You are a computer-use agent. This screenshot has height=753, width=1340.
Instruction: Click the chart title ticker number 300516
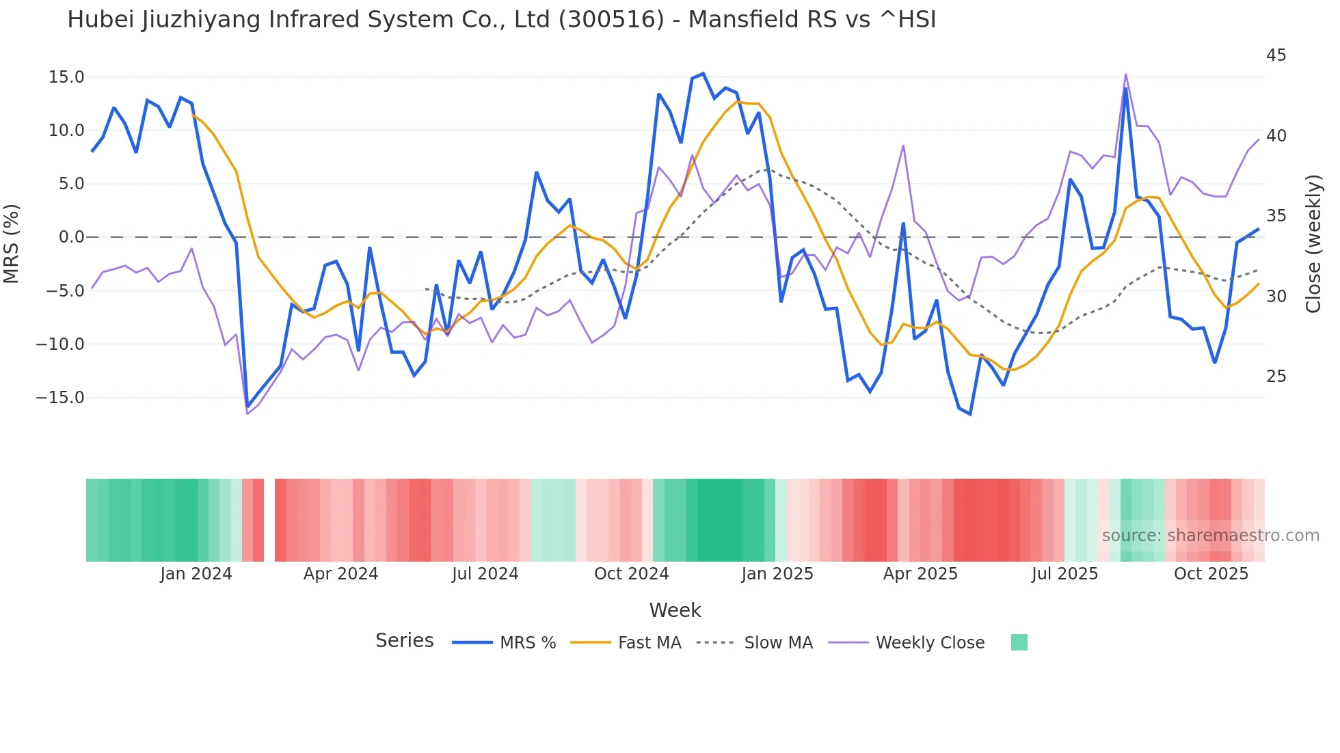(611, 20)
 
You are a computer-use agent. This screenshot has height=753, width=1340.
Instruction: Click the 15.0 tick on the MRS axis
(66, 77)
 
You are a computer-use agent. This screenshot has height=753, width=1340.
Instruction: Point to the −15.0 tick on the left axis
(60, 398)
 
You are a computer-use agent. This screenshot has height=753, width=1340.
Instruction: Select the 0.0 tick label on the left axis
(71, 237)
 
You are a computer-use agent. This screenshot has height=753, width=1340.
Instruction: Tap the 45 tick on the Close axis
(1276, 55)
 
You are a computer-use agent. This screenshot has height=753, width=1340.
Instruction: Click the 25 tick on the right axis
(1276, 376)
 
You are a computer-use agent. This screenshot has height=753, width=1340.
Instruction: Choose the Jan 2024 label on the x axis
(196, 574)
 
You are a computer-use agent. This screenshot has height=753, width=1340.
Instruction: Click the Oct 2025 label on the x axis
(1211, 574)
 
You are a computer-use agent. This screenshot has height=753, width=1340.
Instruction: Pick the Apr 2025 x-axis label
(920, 574)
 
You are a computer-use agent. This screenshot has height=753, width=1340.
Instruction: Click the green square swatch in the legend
(1019, 642)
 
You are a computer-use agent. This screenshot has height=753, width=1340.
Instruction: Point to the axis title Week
(675, 610)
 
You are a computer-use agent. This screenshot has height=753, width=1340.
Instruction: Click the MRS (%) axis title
(12, 244)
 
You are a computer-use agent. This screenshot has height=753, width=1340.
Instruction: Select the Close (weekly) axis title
(1313, 244)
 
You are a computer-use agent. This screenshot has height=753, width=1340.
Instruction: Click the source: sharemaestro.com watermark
(1210, 536)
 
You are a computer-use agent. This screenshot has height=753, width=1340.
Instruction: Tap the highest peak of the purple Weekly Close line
(1125, 74)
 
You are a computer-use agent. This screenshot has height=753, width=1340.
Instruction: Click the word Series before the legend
(404, 641)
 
